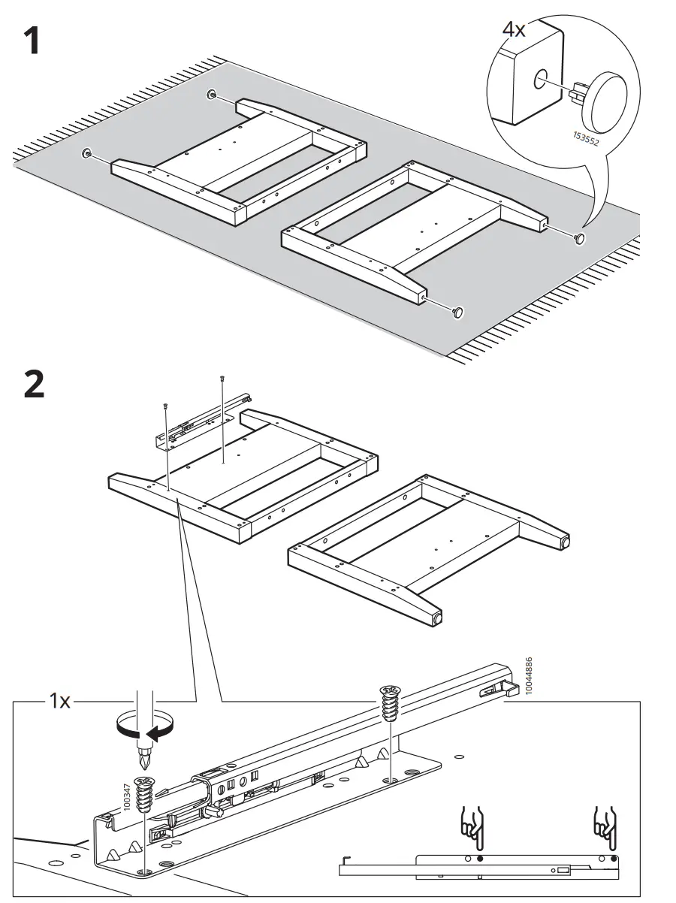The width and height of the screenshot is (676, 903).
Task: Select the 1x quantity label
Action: tap(60, 702)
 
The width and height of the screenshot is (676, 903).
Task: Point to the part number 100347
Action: tap(126, 796)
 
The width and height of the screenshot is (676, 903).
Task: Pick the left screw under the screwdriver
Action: tap(143, 795)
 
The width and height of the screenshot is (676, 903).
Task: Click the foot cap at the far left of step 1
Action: tap(87, 154)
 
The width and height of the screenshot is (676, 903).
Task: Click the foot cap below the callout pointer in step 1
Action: tap(580, 238)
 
